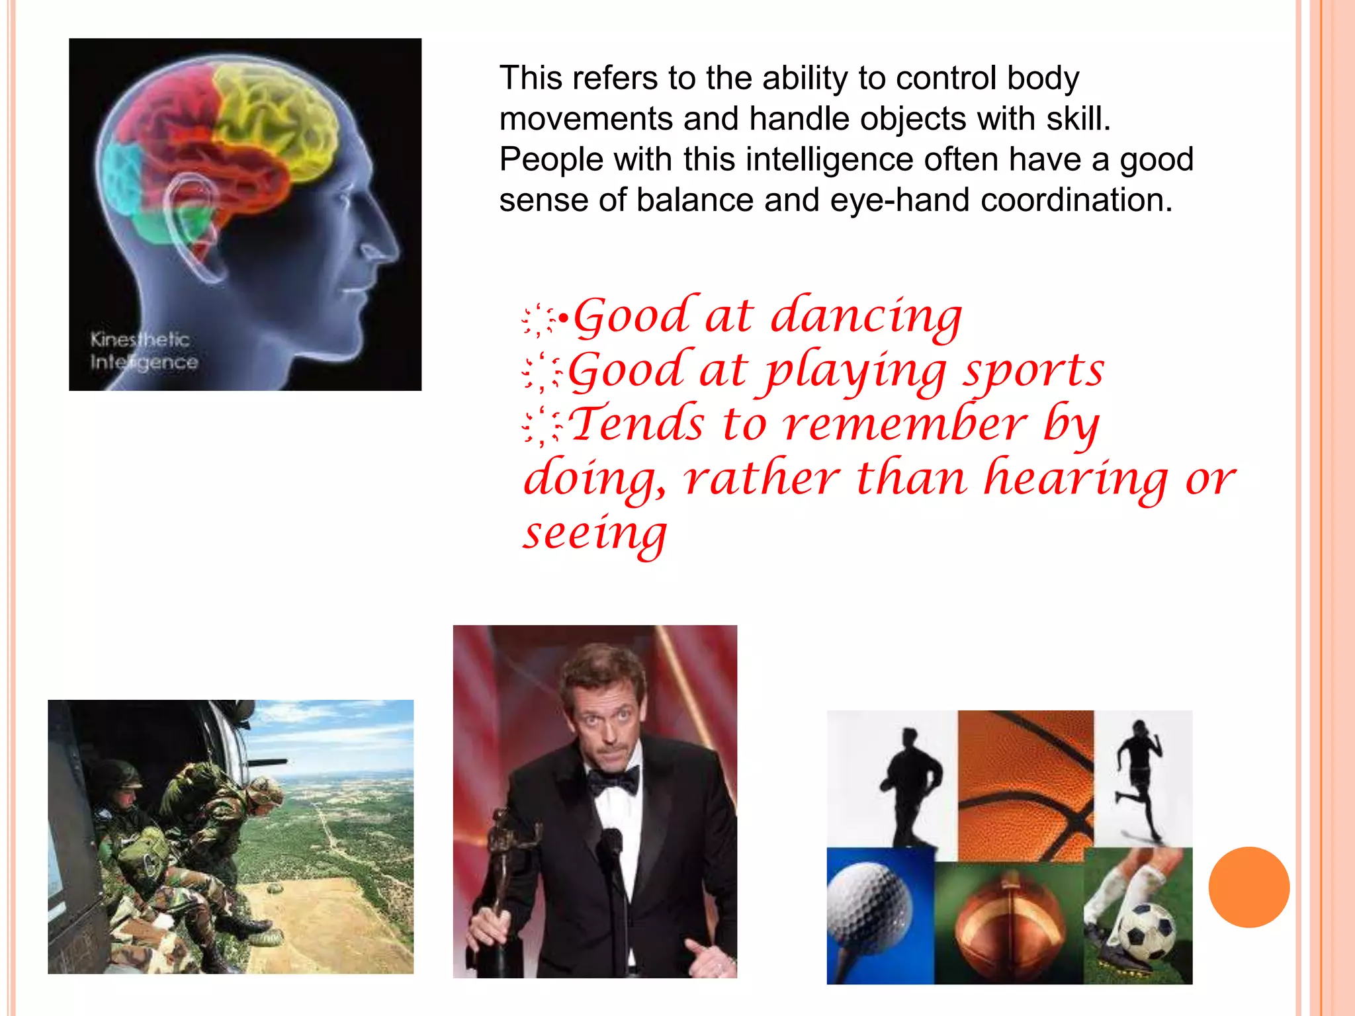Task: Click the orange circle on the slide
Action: [x=1248, y=887]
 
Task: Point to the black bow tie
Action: [x=614, y=781]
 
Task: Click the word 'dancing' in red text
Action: [x=866, y=317]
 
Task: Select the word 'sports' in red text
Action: [x=1033, y=371]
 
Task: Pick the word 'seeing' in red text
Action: [x=595, y=533]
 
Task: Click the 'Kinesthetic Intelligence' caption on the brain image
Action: [x=143, y=351]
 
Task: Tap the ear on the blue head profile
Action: [x=192, y=225]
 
